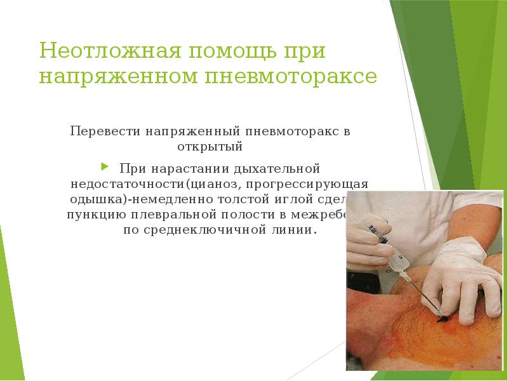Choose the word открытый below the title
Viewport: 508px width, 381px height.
(210, 147)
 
